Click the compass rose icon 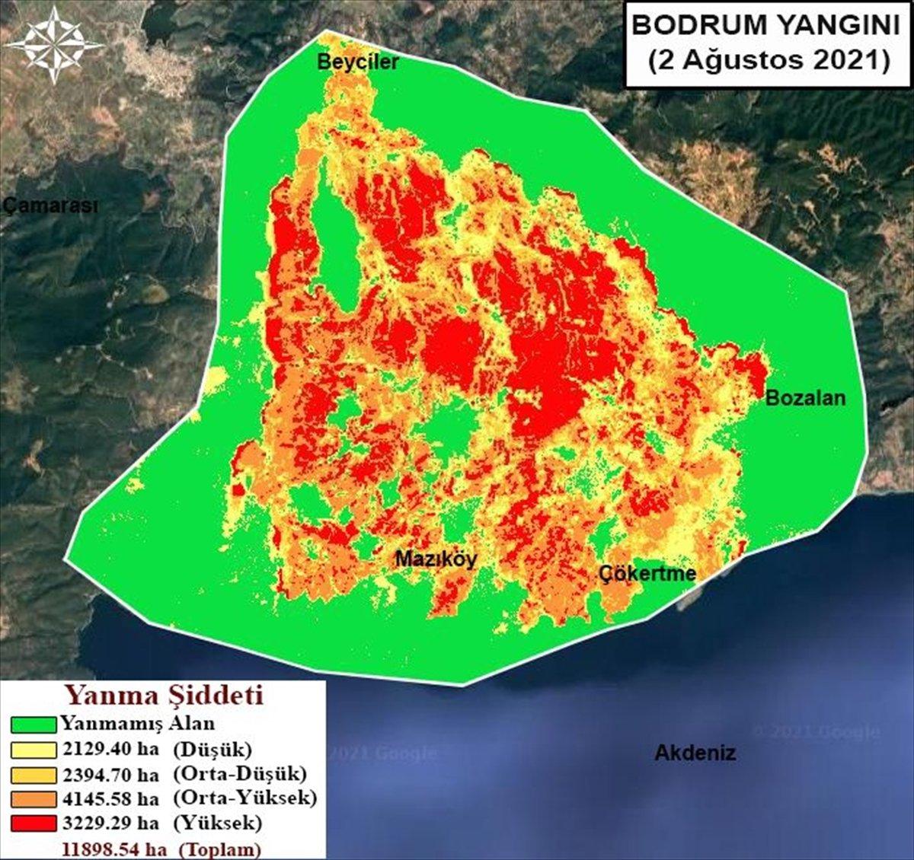pos(54,45)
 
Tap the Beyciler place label pos(357,62)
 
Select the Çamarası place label pos(50,205)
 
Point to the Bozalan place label pos(805,397)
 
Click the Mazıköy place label pos(436,559)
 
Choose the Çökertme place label pos(647,573)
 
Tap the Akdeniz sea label pos(695,753)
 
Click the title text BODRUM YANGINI pos(766,25)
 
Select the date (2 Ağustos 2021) pos(769,60)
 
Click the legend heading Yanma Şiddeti pos(163,696)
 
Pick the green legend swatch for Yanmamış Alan pos(33,725)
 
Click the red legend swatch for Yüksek pos(33,823)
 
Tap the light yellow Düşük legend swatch pos(33,750)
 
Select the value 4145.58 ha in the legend pos(110,798)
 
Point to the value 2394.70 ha pos(110,774)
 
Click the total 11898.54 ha pos(115,849)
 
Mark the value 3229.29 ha pos(110,823)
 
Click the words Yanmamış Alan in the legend pos(138,723)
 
